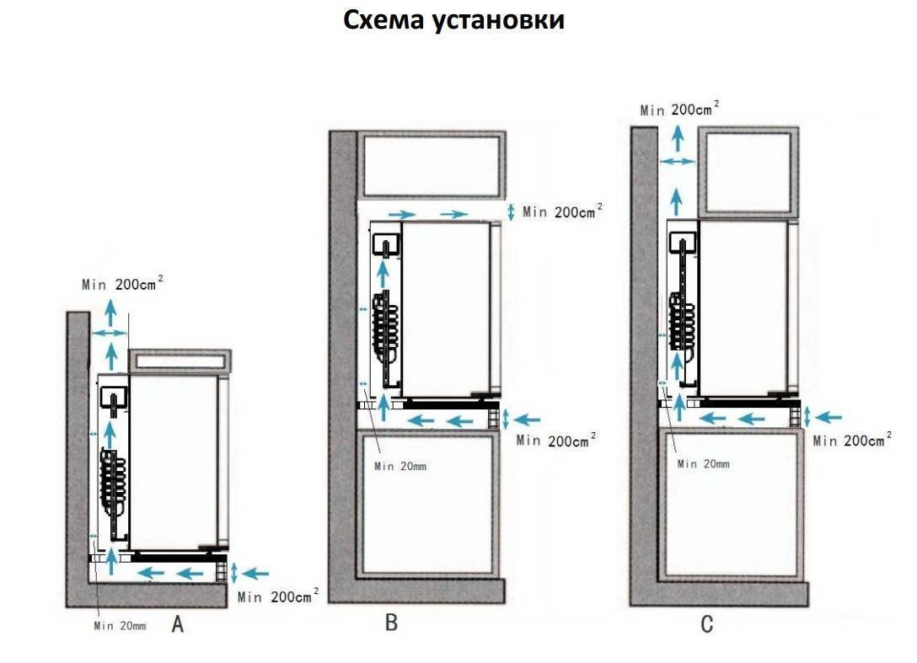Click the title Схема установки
point(453,20)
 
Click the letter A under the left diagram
point(178,624)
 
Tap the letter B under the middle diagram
point(391,623)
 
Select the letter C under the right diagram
point(706,624)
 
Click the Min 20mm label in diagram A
point(120,625)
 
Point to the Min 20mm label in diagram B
point(401,466)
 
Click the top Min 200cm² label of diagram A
point(121,284)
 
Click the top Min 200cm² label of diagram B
point(562,211)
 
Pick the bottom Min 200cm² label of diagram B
point(556,440)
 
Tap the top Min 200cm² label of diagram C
point(679,110)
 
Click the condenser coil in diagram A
point(114,481)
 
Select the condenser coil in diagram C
point(680,321)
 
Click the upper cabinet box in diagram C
point(748,172)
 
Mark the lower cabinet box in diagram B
point(426,503)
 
